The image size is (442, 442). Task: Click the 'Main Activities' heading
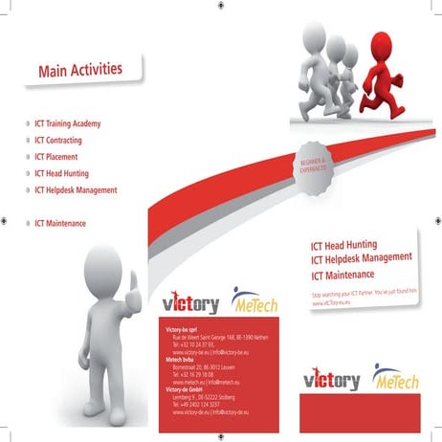point(80,69)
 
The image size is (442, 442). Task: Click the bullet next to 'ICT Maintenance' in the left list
point(26,224)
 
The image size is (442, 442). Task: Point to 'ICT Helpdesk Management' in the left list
point(76,190)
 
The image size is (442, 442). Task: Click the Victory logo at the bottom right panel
point(331,380)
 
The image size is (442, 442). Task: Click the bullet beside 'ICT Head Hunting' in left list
point(26,174)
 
